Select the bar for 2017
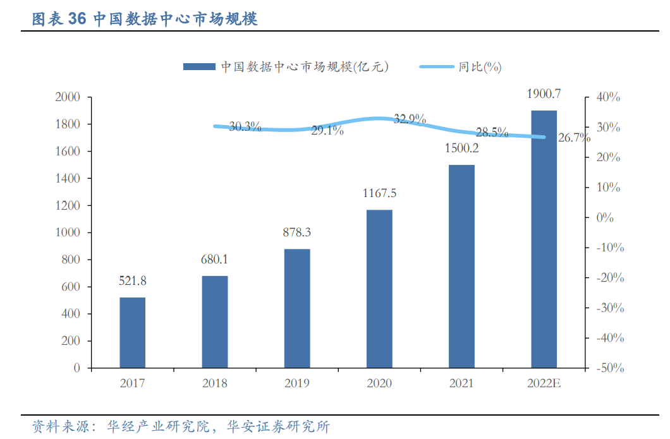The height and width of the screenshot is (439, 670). click(x=133, y=332)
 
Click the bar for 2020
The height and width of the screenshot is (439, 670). click(x=379, y=289)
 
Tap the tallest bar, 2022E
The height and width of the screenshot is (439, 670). click(x=544, y=239)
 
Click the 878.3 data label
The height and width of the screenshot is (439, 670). click(x=297, y=232)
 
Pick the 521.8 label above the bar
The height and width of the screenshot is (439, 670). click(x=133, y=280)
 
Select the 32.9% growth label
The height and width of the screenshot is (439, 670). click(x=410, y=119)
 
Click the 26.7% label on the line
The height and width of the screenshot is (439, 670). click(x=573, y=138)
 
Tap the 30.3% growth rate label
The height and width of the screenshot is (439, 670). click(x=245, y=126)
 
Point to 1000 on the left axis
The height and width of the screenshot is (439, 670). click(x=68, y=232)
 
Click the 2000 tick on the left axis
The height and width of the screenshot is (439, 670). click(x=68, y=97)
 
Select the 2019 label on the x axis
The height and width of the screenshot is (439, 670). click(x=297, y=383)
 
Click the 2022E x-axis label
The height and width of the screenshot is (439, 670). click(x=544, y=383)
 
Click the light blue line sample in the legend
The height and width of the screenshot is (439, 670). click(x=436, y=66)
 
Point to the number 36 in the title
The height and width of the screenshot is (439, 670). click(x=76, y=19)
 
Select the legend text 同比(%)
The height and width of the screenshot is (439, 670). click(x=480, y=66)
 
